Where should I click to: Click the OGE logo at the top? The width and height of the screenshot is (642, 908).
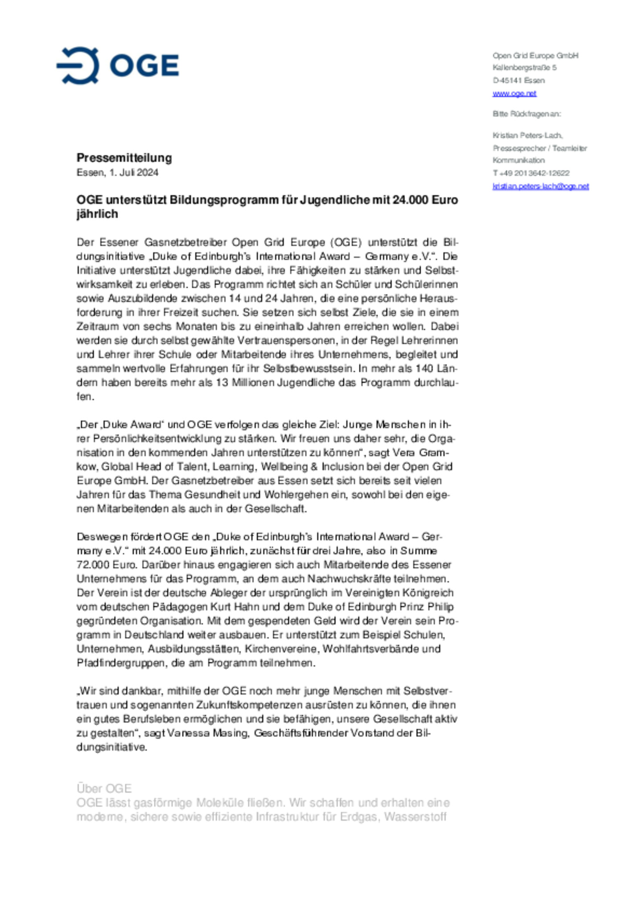coord(118,65)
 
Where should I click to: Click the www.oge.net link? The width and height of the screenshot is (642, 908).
coord(514,94)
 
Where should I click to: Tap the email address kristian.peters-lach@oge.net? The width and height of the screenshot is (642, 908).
coord(540,186)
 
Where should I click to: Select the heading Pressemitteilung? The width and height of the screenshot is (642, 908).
coord(124,158)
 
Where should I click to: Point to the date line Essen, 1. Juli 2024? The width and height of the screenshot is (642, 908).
coord(117,173)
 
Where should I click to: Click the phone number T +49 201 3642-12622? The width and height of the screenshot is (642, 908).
coord(531,173)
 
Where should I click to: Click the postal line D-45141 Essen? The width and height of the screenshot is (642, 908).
coord(518,81)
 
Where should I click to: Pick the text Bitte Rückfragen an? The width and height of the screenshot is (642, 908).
coord(527,114)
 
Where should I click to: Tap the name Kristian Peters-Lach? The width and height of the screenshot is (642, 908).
coord(527,135)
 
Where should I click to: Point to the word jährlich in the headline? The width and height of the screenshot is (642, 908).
coord(97,214)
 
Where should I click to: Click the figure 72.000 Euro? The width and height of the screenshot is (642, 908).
coord(106,565)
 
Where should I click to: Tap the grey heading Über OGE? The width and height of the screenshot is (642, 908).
coord(104,789)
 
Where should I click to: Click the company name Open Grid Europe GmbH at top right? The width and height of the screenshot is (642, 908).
coord(535,56)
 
